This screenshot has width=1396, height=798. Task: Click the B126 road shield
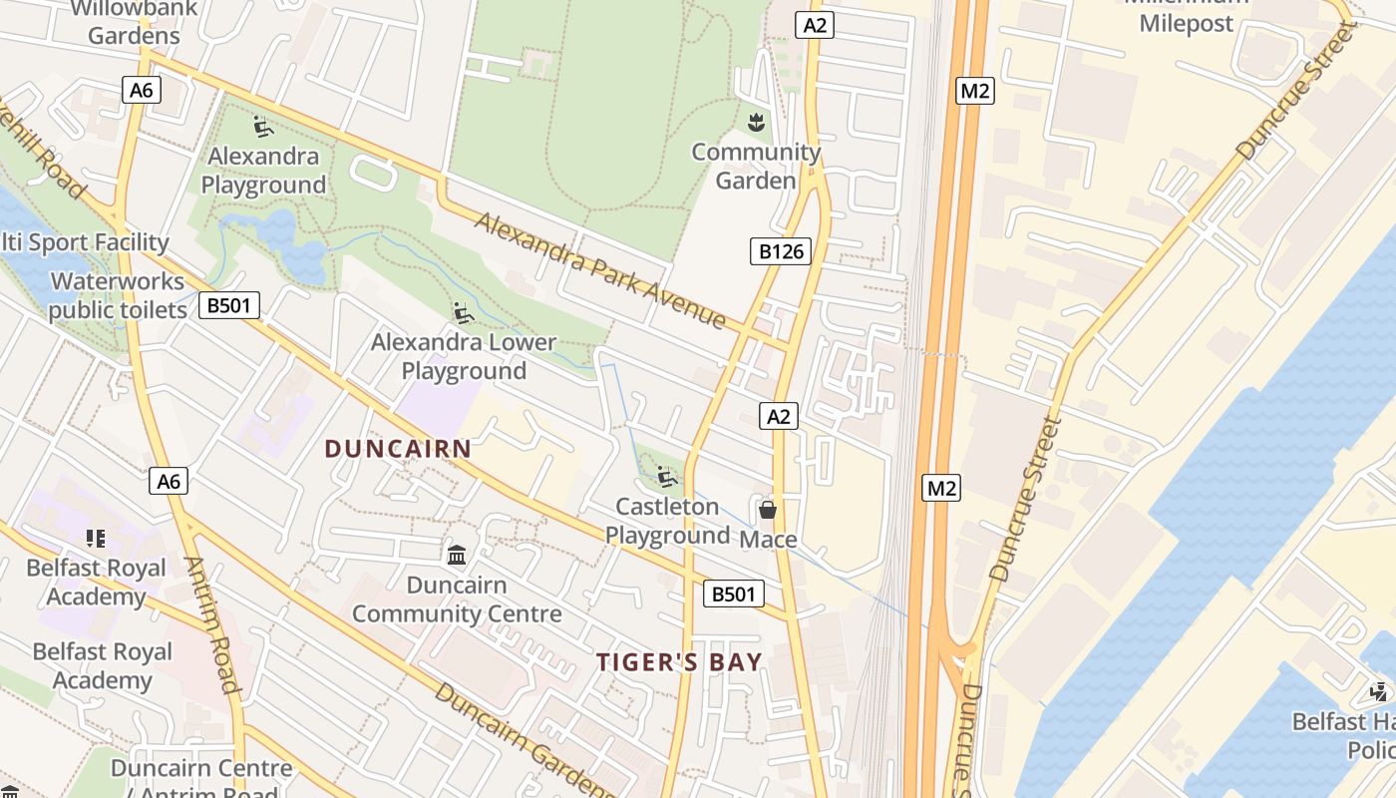coord(781,251)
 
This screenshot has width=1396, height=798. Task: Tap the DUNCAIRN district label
coord(398,449)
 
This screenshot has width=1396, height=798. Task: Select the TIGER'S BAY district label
coord(679,662)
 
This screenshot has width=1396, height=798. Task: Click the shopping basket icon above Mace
coord(767,511)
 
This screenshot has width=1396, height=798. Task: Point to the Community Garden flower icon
coord(756,124)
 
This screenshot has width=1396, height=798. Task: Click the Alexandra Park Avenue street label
coord(599,270)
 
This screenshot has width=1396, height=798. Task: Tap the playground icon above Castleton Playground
coord(667,477)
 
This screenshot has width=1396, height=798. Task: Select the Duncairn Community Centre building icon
coord(457,555)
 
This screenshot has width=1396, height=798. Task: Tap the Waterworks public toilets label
coord(118,296)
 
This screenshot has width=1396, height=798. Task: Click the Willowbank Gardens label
coord(134,22)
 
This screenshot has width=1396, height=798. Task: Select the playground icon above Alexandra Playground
coord(263,127)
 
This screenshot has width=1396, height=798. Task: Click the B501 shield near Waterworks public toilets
coord(229,305)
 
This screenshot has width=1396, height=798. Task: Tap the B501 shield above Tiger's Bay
coord(733,595)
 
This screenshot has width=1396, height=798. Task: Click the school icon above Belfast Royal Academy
coord(96,540)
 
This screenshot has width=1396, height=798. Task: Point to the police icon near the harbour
coord(1379,691)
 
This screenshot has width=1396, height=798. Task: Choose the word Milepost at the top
coord(1186,24)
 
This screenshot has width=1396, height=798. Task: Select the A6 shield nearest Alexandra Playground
coord(142,90)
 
